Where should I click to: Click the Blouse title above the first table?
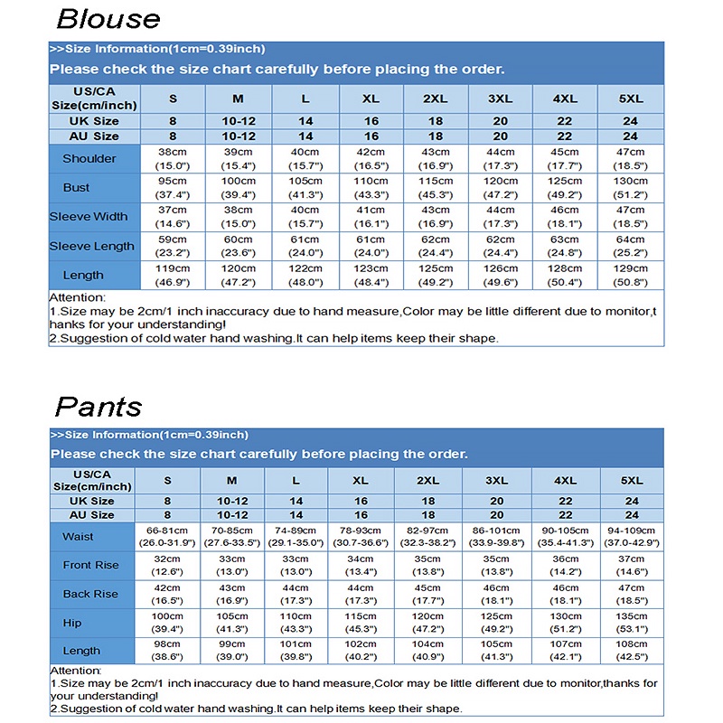pyautogui.click(x=108, y=19)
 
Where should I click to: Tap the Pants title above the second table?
pyautogui.click(x=99, y=406)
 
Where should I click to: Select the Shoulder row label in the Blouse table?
pyautogui.click(x=89, y=159)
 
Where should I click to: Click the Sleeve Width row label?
pyautogui.click(x=89, y=217)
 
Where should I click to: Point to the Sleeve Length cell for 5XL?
pyautogui.click(x=630, y=246)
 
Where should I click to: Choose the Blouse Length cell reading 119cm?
pyautogui.click(x=173, y=275)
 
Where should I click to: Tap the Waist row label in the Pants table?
pyautogui.click(x=78, y=537)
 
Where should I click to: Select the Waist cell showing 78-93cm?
pyautogui.click(x=361, y=537)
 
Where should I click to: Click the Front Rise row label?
pyautogui.click(x=90, y=566)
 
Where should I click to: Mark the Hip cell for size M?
pyautogui.click(x=231, y=623)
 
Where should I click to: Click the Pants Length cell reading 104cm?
pyautogui.click(x=427, y=651)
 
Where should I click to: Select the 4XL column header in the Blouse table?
pyautogui.click(x=565, y=99)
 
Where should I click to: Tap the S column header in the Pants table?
pyautogui.click(x=167, y=480)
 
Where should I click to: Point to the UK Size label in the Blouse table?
pyautogui.click(x=94, y=121)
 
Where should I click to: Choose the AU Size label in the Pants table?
pyautogui.click(x=91, y=515)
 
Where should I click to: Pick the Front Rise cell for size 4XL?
pyautogui.click(x=565, y=566)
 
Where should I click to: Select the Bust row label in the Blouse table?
pyautogui.click(x=77, y=188)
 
